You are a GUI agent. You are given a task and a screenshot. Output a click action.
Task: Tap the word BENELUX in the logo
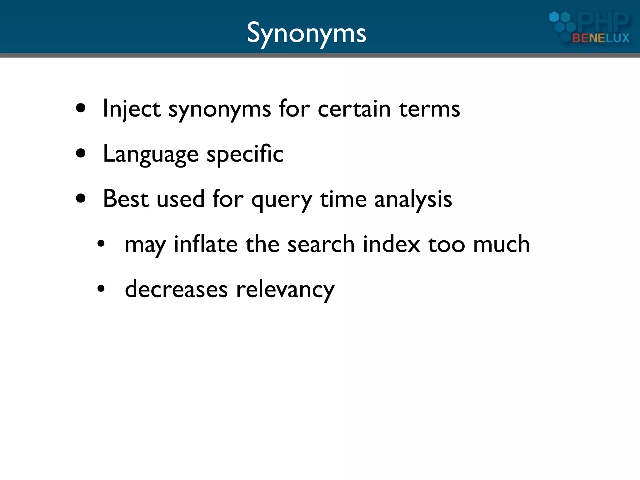(600, 38)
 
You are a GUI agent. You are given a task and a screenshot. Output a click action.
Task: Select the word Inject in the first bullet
(132, 109)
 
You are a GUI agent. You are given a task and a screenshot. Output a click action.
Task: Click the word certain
(354, 109)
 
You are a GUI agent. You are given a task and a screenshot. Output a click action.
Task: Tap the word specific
(245, 154)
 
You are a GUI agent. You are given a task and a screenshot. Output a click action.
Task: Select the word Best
(126, 199)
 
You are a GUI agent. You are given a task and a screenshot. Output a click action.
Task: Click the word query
(282, 200)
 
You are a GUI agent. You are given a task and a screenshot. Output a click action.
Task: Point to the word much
(501, 244)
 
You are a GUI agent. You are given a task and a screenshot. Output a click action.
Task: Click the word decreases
(176, 289)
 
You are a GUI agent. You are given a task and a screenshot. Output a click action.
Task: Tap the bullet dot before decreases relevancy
(101, 289)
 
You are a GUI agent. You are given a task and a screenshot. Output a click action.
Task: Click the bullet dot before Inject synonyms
(81, 108)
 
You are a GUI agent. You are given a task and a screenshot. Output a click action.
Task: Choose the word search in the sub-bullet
(321, 244)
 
